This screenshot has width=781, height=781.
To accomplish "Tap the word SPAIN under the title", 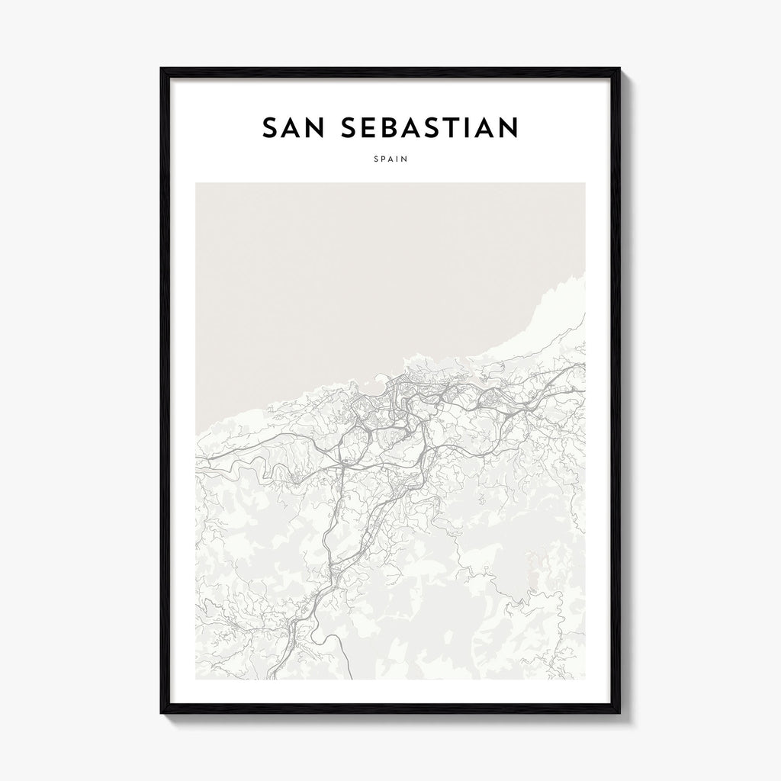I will point(390,160).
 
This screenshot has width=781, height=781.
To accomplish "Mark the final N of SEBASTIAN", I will point(508,128).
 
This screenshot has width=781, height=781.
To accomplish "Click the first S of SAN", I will point(270,128).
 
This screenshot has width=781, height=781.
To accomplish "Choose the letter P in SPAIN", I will point(382,160).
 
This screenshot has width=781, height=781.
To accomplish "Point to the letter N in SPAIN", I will point(405,160).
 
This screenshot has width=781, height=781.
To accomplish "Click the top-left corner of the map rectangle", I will point(196,183).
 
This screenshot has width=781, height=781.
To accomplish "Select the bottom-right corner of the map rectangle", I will point(585,679).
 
